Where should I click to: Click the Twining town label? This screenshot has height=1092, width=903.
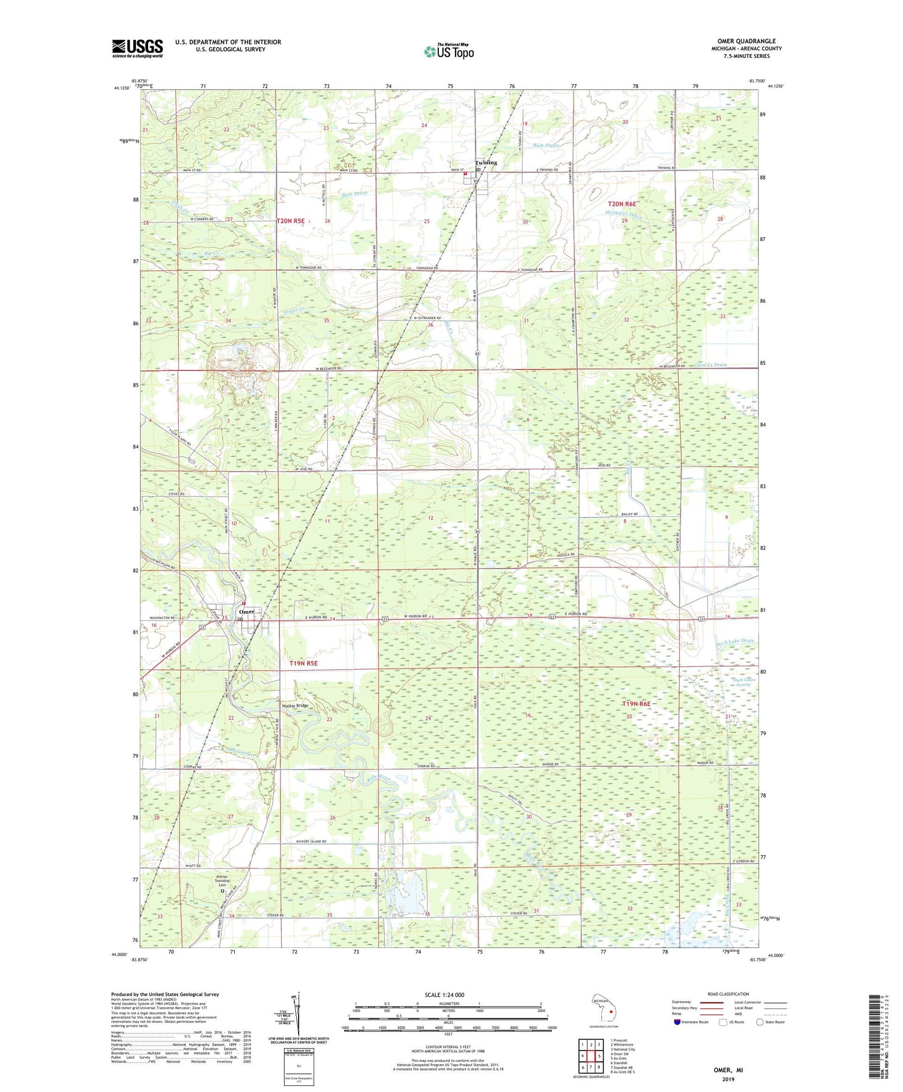(x=486, y=163)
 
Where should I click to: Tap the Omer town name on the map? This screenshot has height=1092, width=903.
(x=247, y=611)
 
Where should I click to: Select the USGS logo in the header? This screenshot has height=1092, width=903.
(x=137, y=48)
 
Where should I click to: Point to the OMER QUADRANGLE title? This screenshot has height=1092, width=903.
(x=746, y=41)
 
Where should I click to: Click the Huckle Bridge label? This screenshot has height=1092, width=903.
(x=295, y=705)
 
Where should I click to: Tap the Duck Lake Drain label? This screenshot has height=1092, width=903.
(x=734, y=641)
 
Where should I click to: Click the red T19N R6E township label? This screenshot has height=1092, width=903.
(x=636, y=704)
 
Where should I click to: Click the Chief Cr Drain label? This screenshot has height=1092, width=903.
(x=711, y=365)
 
